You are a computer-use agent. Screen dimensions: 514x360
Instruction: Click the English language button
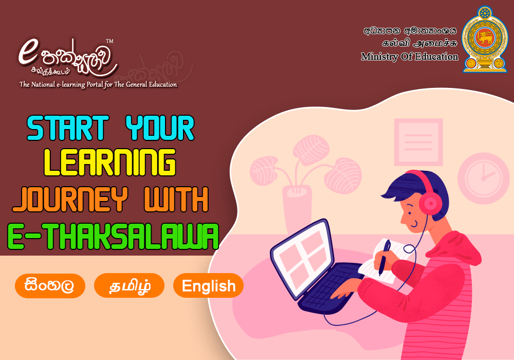click(208, 285)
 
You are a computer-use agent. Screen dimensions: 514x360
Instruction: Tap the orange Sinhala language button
click(50, 285)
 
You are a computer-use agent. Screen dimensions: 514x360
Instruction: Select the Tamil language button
click(129, 285)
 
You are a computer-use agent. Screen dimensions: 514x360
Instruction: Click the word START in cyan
click(68, 128)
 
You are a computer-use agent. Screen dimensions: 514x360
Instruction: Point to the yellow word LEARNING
click(110, 163)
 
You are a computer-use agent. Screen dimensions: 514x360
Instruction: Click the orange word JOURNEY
click(70, 199)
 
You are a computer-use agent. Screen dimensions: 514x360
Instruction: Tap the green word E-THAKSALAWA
click(113, 237)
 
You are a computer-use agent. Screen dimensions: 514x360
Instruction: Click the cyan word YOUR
click(160, 128)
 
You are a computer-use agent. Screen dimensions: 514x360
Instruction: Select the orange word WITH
click(176, 199)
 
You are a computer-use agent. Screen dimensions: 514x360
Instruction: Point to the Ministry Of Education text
click(410, 57)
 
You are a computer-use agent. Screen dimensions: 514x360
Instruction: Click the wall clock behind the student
click(484, 178)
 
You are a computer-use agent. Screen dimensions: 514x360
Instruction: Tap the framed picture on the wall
click(418, 142)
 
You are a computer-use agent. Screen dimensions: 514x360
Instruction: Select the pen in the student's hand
click(384, 257)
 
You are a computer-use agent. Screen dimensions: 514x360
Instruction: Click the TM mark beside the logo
click(109, 41)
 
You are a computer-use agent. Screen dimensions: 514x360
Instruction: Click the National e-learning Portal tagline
click(98, 84)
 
